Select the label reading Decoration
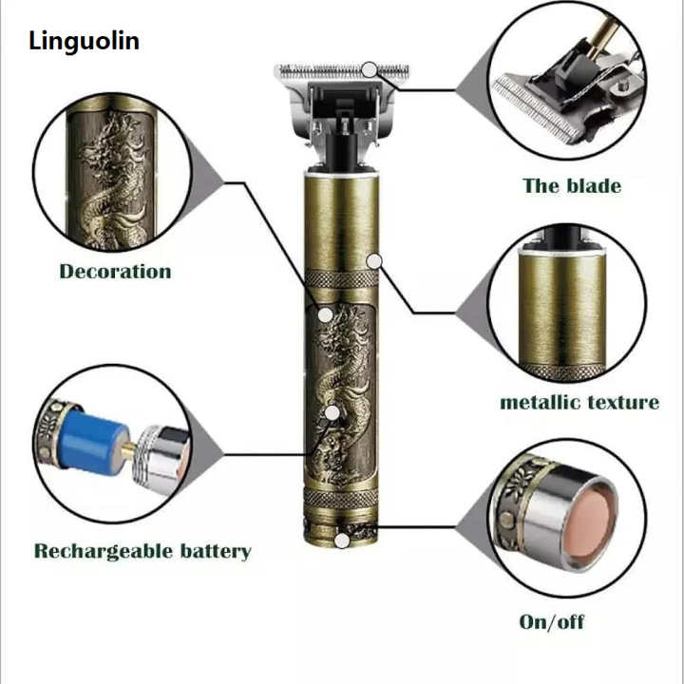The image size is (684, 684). coord(115,272)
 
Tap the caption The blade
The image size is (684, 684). coord(571,184)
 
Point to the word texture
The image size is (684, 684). coord(622,402)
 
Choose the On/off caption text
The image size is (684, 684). coord(552,622)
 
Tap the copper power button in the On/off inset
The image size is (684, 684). coord(586,522)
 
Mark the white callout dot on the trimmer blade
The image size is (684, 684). coord(370,69)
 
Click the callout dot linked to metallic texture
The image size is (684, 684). coord(375,258)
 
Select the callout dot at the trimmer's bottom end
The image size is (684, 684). coord(341,541)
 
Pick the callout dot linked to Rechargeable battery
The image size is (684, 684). coord(332,412)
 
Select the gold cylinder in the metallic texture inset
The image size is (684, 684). coord(567,304)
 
